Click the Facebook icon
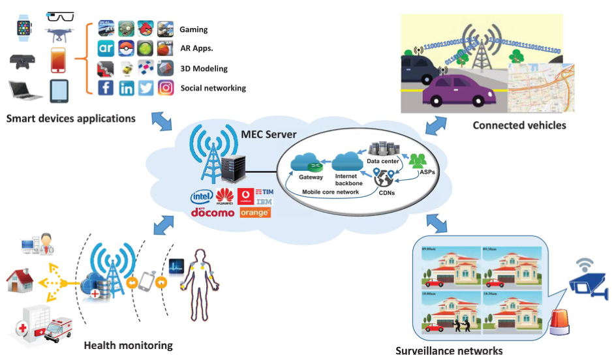click(x=106, y=88)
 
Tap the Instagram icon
click(x=166, y=88)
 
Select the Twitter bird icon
click(x=146, y=88)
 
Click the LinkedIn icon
click(x=126, y=88)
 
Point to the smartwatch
click(x=24, y=28)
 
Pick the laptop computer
click(x=25, y=90)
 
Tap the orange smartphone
click(x=59, y=61)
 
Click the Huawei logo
click(x=224, y=196)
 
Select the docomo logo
click(x=213, y=213)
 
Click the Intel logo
click(x=202, y=196)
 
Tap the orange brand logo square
click(x=255, y=213)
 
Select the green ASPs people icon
click(x=417, y=160)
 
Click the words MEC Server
click(x=269, y=134)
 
